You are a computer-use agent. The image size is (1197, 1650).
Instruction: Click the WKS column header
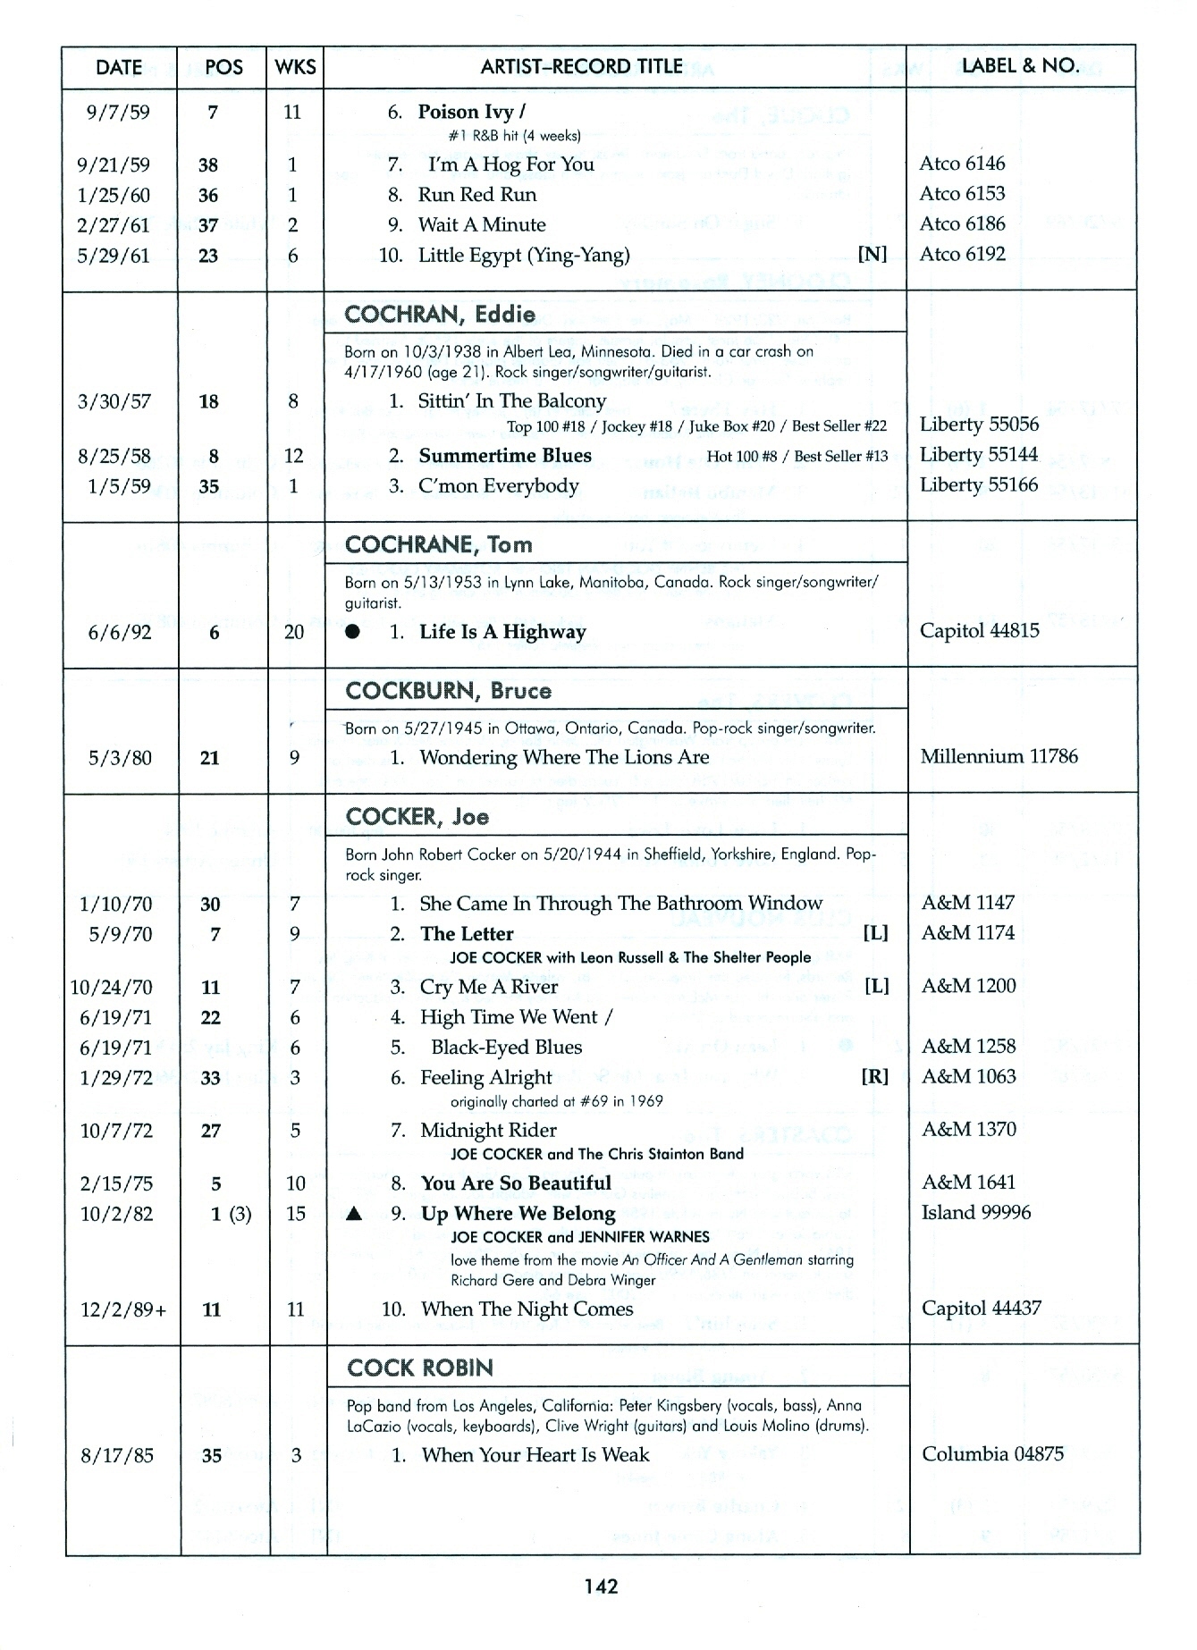pyautogui.click(x=295, y=67)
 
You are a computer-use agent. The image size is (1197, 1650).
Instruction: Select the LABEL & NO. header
pyautogui.click(x=1019, y=65)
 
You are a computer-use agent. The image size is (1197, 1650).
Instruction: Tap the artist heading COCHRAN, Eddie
pyautogui.click(x=440, y=315)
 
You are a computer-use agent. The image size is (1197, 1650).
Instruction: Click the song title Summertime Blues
pyautogui.click(x=505, y=456)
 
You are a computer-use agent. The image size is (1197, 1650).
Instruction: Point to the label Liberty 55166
pyautogui.click(x=979, y=484)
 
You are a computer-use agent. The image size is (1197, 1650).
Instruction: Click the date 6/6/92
pyautogui.click(x=120, y=633)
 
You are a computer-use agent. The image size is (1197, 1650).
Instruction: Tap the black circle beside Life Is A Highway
pyautogui.click(x=353, y=632)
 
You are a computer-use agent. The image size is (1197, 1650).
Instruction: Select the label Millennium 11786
pyautogui.click(x=999, y=756)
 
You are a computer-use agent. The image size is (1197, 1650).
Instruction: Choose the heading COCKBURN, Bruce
pyautogui.click(x=448, y=691)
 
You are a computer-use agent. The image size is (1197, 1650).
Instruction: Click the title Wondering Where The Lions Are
pyautogui.click(x=564, y=758)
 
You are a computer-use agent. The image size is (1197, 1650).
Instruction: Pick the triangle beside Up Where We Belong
pyautogui.click(x=354, y=1214)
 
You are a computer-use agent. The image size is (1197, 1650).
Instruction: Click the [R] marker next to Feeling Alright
pyautogui.click(x=874, y=1076)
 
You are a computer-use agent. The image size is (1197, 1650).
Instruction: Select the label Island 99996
pyautogui.click(x=976, y=1212)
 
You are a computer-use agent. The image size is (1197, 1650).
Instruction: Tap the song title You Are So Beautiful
pyautogui.click(x=516, y=1183)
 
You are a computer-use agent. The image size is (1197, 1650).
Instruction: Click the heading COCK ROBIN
pyautogui.click(x=420, y=1368)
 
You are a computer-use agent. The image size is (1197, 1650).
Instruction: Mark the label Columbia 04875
pyautogui.click(x=992, y=1454)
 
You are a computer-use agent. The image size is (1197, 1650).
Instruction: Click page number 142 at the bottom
pyautogui.click(x=601, y=1587)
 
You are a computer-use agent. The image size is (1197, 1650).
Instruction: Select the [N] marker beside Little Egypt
pyautogui.click(x=872, y=254)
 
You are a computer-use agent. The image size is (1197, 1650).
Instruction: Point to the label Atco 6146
pyautogui.click(x=962, y=163)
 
